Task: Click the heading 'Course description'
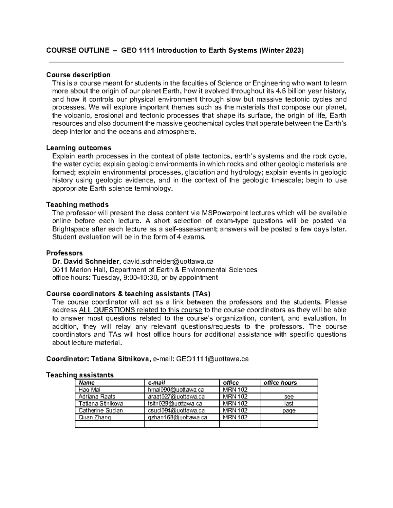78,75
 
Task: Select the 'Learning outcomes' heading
79,148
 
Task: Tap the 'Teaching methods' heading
77,205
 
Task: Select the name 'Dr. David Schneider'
86,261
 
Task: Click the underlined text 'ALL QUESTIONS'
107,310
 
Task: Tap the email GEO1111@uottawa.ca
212,359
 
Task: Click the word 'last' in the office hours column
289,403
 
